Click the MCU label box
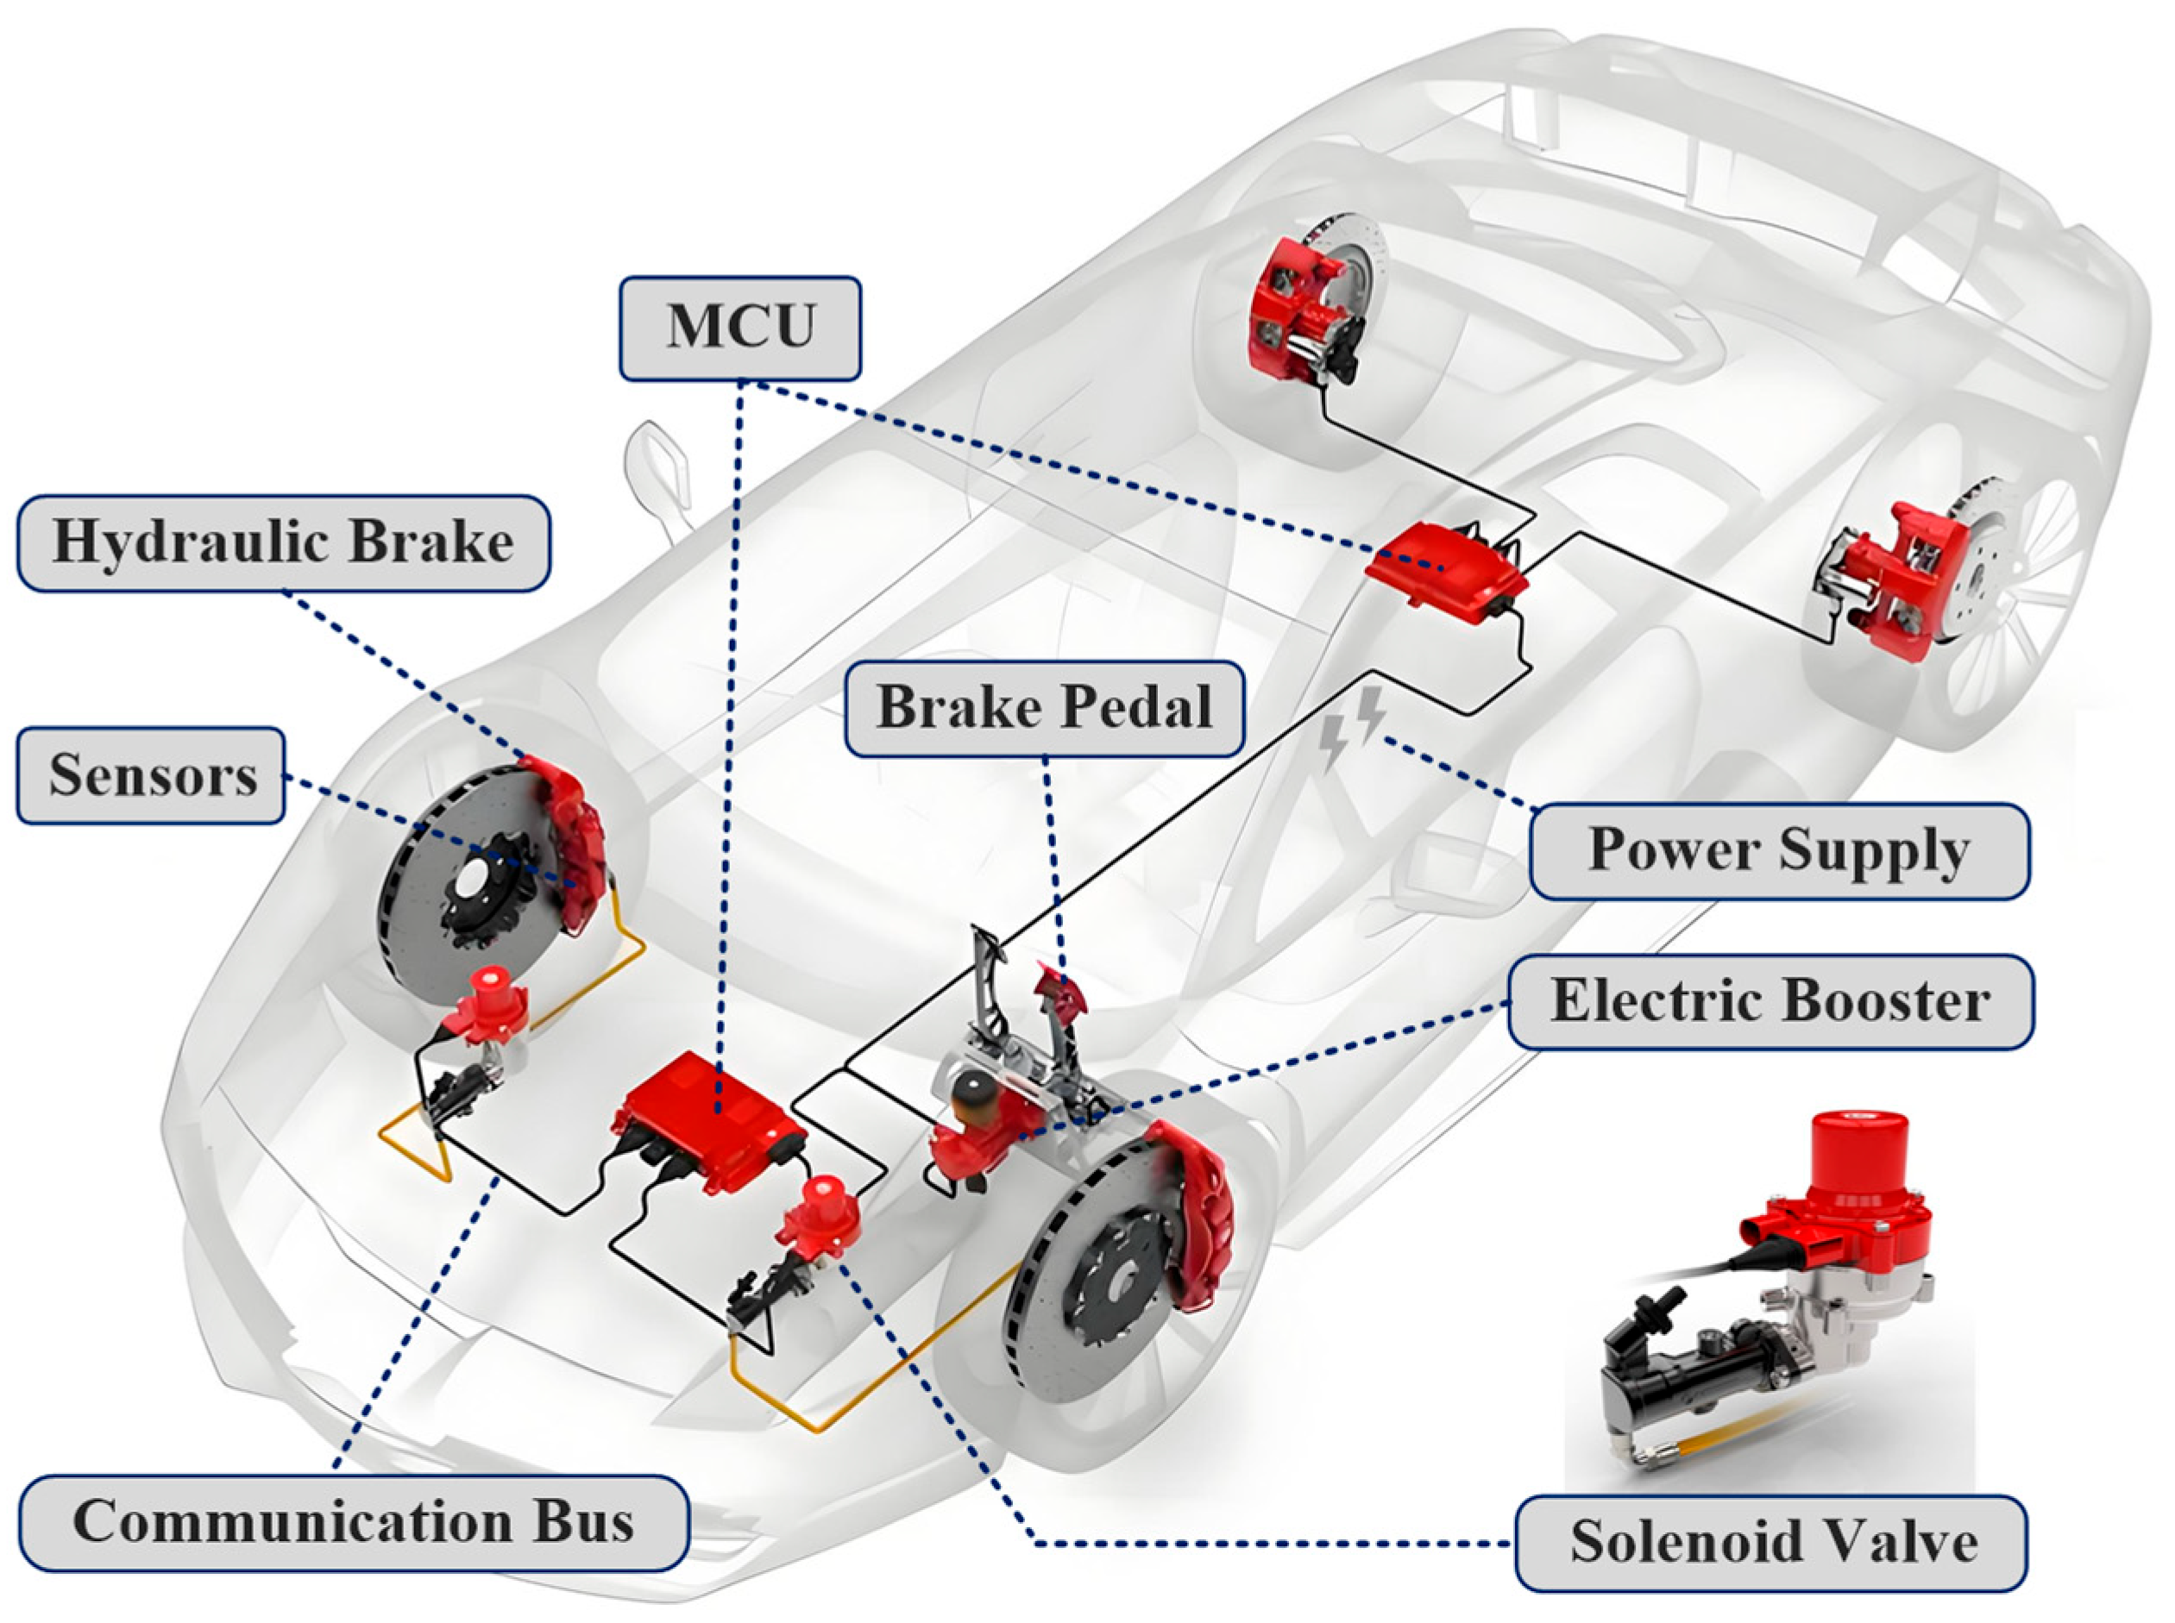[740, 327]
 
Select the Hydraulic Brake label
[283, 542]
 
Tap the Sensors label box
[151, 775]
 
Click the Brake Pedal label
[1044, 707]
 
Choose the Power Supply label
[1779, 851]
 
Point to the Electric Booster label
[1770, 1001]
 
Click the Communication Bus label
[353, 1522]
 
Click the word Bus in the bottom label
[585, 1522]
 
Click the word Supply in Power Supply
[1872, 851]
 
